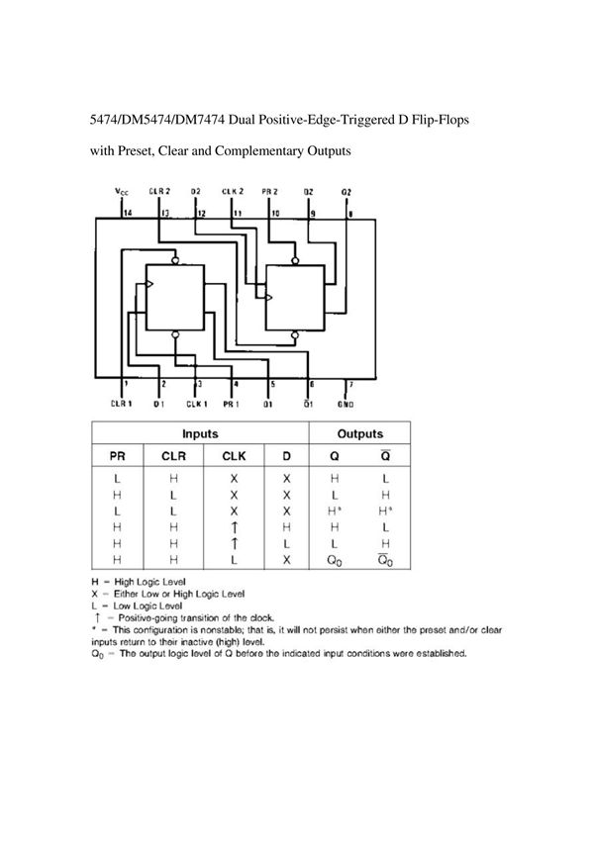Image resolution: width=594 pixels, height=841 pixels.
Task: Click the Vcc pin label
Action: pos(121,191)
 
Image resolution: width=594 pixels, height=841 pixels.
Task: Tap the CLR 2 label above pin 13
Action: pos(159,191)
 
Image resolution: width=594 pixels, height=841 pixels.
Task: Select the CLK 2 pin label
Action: pos(233,191)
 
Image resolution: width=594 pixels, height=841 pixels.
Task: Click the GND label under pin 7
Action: pos(346,403)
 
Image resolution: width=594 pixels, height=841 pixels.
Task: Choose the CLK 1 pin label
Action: pos(197,403)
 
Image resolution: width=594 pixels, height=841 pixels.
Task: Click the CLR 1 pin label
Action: pos(122,403)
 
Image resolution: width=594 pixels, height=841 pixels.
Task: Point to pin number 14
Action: pos(127,213)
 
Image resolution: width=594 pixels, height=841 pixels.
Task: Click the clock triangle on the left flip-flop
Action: pos(149,285)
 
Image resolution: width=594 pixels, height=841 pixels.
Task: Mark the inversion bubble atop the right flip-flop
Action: pos(293,259)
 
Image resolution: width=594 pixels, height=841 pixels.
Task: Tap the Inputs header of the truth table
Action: pos(200,433)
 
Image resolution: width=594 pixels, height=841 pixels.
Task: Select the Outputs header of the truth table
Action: pos(360,433)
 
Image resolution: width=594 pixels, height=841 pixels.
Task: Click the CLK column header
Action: pos(234,455)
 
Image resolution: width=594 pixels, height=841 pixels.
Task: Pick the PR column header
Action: pos(117,455)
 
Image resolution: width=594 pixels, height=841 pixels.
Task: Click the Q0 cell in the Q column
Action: pos(333,560)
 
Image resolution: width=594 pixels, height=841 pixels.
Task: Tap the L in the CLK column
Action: pos(234,559)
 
